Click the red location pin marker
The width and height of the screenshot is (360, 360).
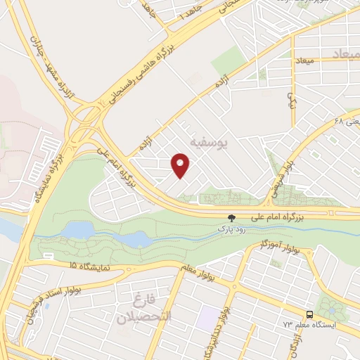pos(180,166)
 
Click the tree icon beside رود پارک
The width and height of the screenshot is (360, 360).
pos(231,218)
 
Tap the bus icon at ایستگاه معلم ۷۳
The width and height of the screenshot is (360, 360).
pos(309,314)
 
